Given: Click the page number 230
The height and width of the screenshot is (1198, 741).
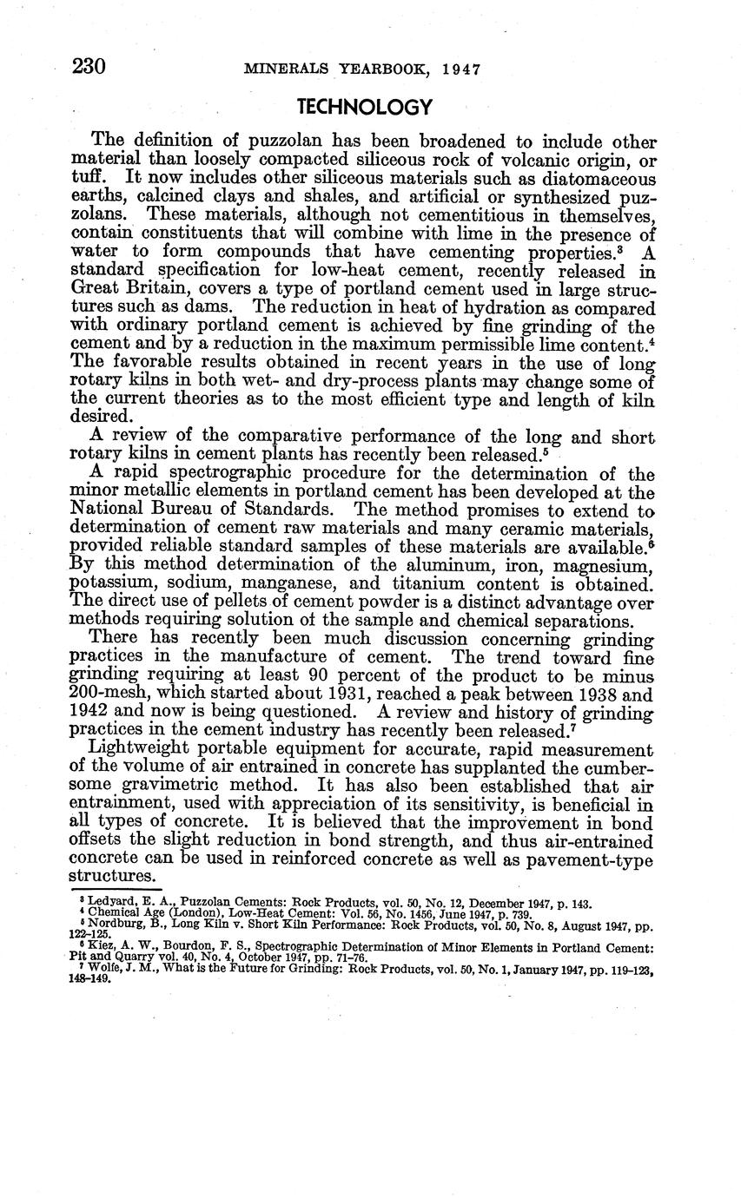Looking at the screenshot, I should click(88, 67).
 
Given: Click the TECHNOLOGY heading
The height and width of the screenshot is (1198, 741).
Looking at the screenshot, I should click(364, 107).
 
